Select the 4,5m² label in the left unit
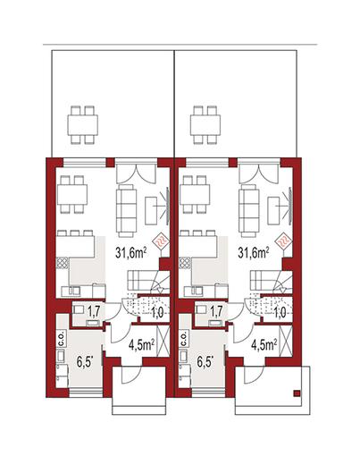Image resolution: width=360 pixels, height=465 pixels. point(141,345)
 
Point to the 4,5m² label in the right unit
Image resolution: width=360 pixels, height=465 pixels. point(264,345)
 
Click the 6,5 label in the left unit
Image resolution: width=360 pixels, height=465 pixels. point(85,362)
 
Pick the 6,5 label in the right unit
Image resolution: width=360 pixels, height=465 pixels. point(205,362)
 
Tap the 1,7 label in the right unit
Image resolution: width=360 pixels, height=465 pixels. point(216,311)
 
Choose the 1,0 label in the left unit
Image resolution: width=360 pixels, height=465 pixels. point(157,313)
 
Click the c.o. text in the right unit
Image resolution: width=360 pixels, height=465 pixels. point(184,339)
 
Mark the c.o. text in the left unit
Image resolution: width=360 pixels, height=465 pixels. point(62,339)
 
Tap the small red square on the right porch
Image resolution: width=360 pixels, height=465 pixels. point(297,393)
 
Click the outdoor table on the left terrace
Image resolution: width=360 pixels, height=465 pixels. point(82,125)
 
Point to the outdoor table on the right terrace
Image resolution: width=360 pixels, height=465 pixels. point(205,125)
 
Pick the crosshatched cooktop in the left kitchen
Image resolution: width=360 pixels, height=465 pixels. point(63,264)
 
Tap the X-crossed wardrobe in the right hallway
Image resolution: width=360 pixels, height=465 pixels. point(285,342)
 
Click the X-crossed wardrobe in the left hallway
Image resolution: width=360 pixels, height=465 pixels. point(163,342)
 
